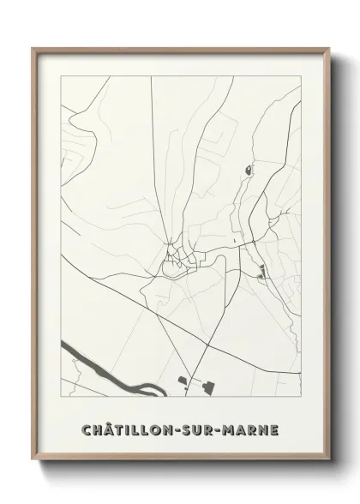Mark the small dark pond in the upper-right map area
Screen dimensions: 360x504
(x=250, y=170)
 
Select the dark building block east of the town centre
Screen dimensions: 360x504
(x=261, y=274)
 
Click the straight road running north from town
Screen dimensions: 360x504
(x=155, y=154)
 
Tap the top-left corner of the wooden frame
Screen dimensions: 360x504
(x=35, y=49)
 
